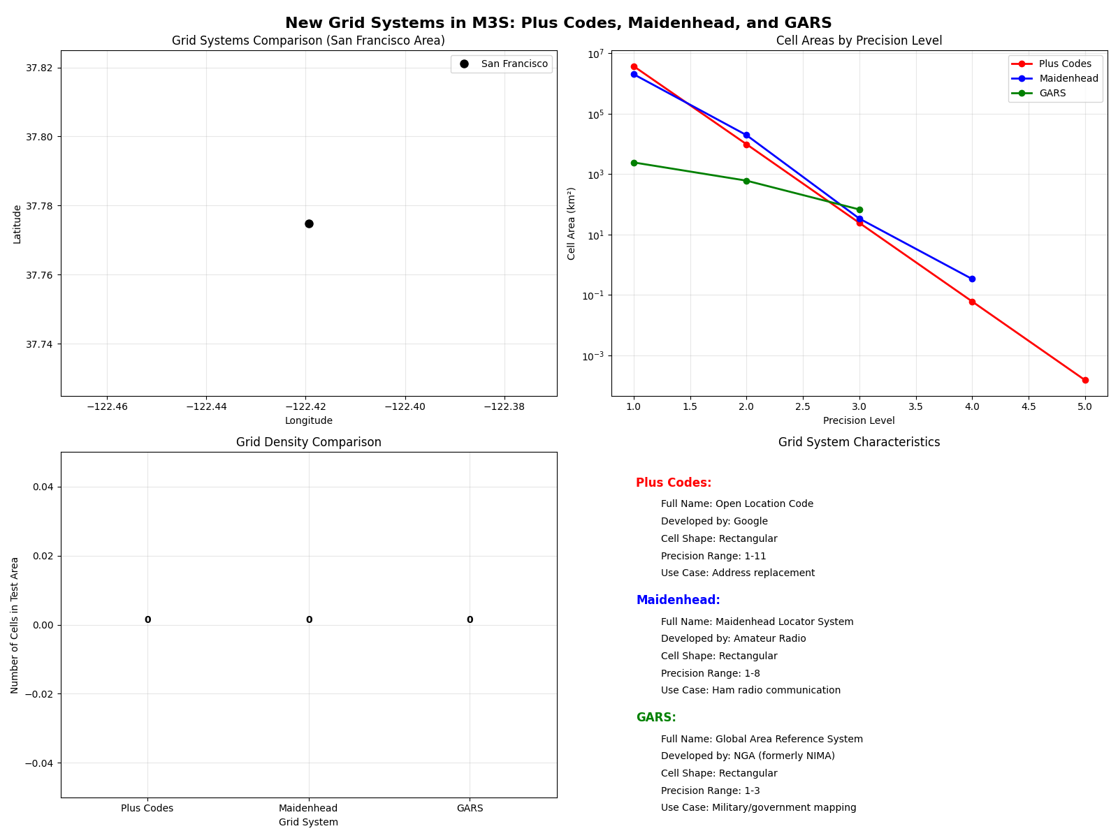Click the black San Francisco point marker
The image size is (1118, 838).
[309, 223]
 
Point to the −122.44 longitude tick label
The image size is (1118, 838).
[205, 406]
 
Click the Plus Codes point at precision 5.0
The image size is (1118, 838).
[1085, 380]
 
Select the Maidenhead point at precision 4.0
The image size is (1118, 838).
[972, 279]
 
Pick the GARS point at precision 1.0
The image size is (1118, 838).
[634, 163]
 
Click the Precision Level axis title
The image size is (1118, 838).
[859, 420]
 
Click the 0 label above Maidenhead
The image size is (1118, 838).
[309, 619]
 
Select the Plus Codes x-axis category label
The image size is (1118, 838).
[147, 808]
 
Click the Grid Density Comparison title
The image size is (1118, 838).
[309, 442]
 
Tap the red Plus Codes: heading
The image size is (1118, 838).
[674, 483]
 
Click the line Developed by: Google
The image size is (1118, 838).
[714, 521]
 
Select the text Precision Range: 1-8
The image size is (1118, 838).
[710, 673]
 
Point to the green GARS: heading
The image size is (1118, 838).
[656, 717]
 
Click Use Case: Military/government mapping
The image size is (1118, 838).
[758, 807]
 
